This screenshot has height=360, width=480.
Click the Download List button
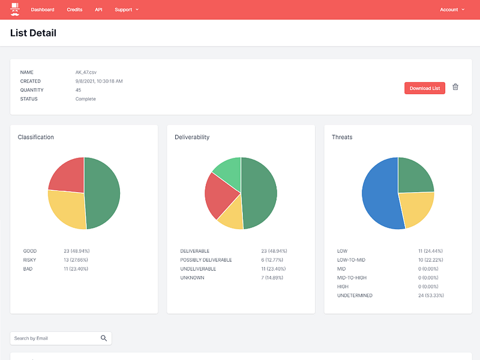pyautogui.click(x=425, y=88)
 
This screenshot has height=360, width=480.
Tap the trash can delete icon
pyautogui.click(x=455, y=87)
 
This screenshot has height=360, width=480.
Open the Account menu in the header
pyautogui.click(x=452, y=10)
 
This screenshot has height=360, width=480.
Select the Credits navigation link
pyautogui.click(x=74, y=10)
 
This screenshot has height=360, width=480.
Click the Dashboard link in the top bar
pyautogui.click(x=43, y=10)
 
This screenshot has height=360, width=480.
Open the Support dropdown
pyautogui.click(x=127, y=10)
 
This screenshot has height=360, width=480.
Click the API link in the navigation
pyautogui.click(x=98, y=10)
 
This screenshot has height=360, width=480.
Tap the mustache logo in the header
pyautogui.click(x=14, y=10)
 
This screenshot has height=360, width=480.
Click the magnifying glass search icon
pyautogui.click(x=104, y=338)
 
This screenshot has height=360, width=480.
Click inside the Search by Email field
pyautogui.click(x=55, y=338)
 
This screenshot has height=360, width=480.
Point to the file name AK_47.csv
pyautogui.click(x=86, y=72)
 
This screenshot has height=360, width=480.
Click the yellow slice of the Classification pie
pyautogui.click(x=68, y=208)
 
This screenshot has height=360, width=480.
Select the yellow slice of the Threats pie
pyautogui.click(x=416, y=208)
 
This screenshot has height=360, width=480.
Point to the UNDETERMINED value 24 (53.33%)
pyautogui.click(x=431, y=295)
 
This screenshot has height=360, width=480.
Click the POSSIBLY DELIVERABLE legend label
pyautogui.click(x=206, y=260)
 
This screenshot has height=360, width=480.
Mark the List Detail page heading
pyautogui.click(x=33, y=33)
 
